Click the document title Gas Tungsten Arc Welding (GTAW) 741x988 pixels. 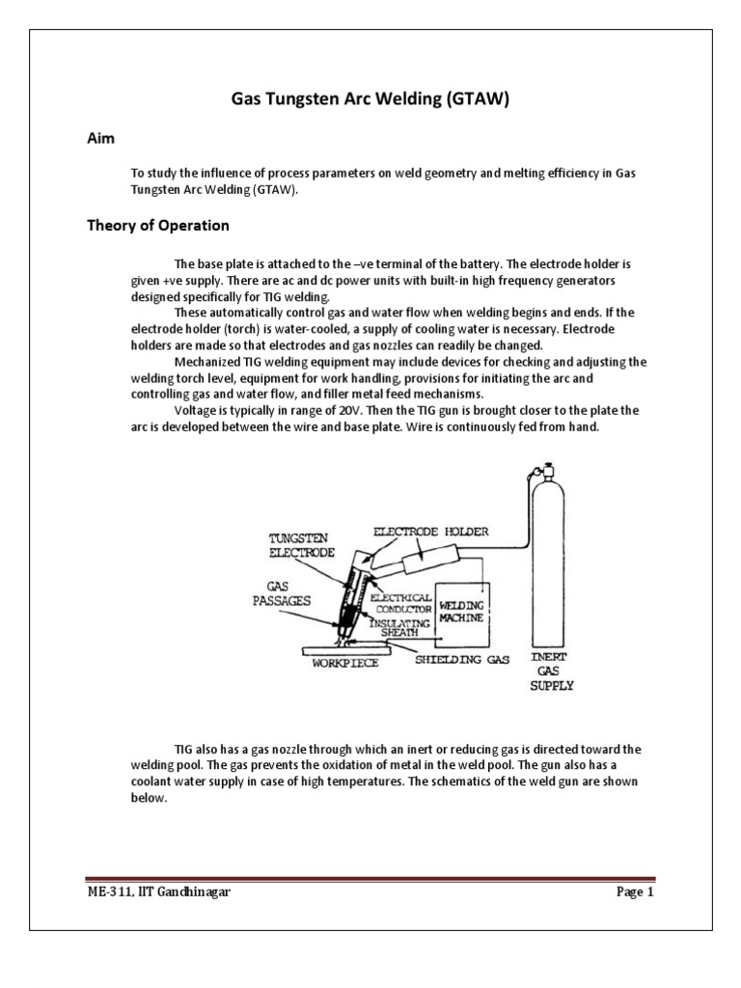[370, 98]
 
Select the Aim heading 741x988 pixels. [101, 139]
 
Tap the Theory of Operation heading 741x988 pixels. [158, 226]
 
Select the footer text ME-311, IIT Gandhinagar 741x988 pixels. [159, 892]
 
